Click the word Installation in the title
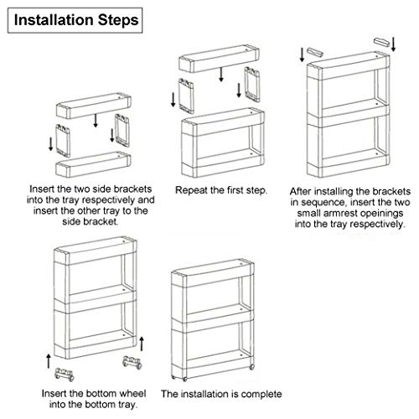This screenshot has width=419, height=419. [54, 20]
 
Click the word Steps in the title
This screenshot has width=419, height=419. [118, 21]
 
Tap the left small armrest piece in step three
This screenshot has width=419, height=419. [315, 52]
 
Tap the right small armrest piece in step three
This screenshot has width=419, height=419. [381, 43]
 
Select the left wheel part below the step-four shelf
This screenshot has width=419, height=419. [65, 375]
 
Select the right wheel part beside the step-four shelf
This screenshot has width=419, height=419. [132, 363]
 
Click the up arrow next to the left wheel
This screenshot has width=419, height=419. [49, 361]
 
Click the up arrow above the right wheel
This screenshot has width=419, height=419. [142, 344]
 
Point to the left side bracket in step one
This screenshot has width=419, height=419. [63, 141]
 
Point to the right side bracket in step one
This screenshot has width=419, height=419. [122, 130]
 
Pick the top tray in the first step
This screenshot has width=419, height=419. [94, 106]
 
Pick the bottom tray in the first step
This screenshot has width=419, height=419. [93, 164]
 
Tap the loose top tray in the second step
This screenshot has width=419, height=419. [219, 59]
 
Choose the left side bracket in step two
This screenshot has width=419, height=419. [186, 96]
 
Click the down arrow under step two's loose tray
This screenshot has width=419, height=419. [221, 75]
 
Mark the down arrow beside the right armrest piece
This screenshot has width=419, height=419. [393, 44]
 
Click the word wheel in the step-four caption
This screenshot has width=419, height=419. [133, 393]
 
